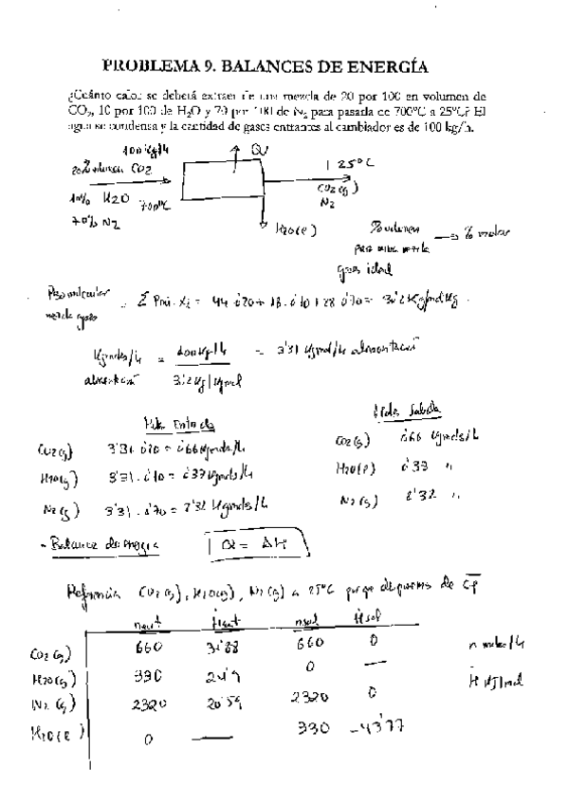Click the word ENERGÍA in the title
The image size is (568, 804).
pos(376,66)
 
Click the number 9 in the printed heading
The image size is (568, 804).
pos(211,66)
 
